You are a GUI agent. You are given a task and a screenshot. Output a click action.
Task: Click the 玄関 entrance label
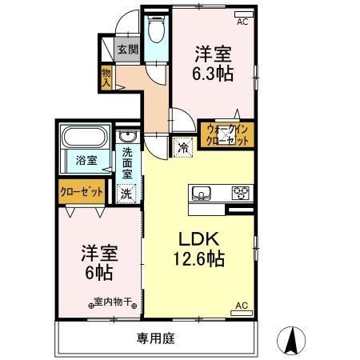(127, 50)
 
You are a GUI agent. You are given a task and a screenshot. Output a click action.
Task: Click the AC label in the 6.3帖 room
(242, 22)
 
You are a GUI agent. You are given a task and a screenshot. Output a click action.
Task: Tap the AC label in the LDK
(241, 306)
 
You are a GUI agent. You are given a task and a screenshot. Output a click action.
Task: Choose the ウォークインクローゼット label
(227, 134)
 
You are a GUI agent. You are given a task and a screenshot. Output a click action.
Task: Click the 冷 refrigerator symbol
(182, 147)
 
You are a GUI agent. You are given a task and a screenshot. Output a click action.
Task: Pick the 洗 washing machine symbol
(126, 193)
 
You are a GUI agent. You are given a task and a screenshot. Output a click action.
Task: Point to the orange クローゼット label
(81, 192)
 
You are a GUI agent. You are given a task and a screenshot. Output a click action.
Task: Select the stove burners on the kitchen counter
(240, 192)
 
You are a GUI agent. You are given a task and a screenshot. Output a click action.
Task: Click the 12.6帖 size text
(196, 259)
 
